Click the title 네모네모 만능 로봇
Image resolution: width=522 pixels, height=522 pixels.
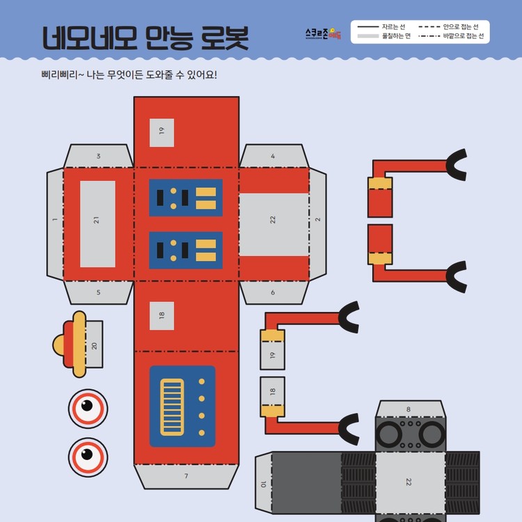tap(145, 38)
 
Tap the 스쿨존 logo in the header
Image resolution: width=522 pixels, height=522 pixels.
tap(323, 33)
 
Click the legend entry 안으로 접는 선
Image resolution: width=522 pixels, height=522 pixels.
tap(452, 26)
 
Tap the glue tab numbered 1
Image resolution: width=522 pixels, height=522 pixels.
tap(55, 220)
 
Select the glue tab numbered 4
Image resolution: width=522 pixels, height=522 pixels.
tap(273, 156)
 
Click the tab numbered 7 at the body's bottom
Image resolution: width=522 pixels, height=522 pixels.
tap(186, 476)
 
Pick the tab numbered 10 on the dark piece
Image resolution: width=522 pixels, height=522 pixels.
tap(263, 484)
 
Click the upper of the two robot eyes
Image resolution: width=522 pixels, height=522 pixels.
tap(88, 407)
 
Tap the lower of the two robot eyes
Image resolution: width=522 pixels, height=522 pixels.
tap(88, 457)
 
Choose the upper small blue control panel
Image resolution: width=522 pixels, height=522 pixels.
tap(186, 198)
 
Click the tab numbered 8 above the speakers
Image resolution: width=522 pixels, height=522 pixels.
tap(409, 409)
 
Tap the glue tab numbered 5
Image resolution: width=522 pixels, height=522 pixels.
tap(98, 292)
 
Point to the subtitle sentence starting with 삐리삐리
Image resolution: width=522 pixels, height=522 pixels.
tap(129, 74)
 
